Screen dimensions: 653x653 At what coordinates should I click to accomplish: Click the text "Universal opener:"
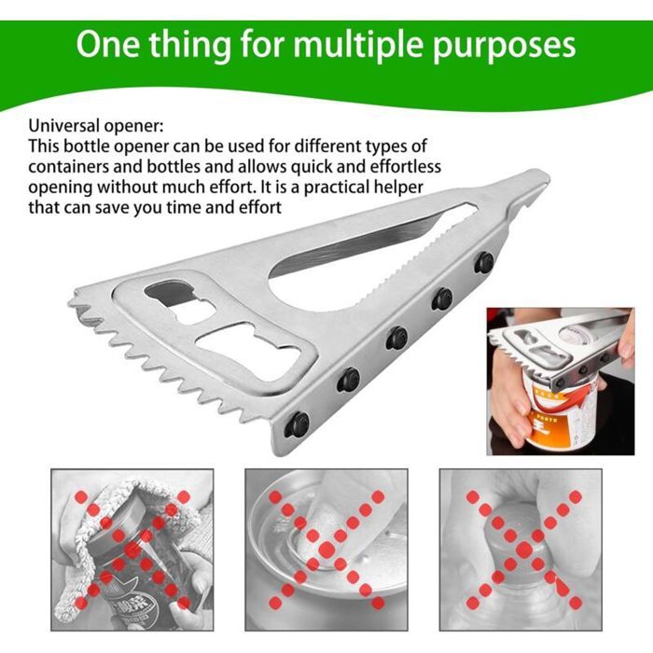pos(96,125)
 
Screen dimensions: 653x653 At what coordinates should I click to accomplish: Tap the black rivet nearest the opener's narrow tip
pos(484,262)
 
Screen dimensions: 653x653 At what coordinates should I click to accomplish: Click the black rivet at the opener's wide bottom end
pos(297,424)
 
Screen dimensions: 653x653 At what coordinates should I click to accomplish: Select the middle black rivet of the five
pos(396,338)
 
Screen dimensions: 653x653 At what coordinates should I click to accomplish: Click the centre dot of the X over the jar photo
pos(132,549)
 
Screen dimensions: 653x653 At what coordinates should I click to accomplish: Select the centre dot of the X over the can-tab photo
pos(326,549)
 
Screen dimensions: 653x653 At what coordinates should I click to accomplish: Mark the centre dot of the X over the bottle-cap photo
pos(524,549)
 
